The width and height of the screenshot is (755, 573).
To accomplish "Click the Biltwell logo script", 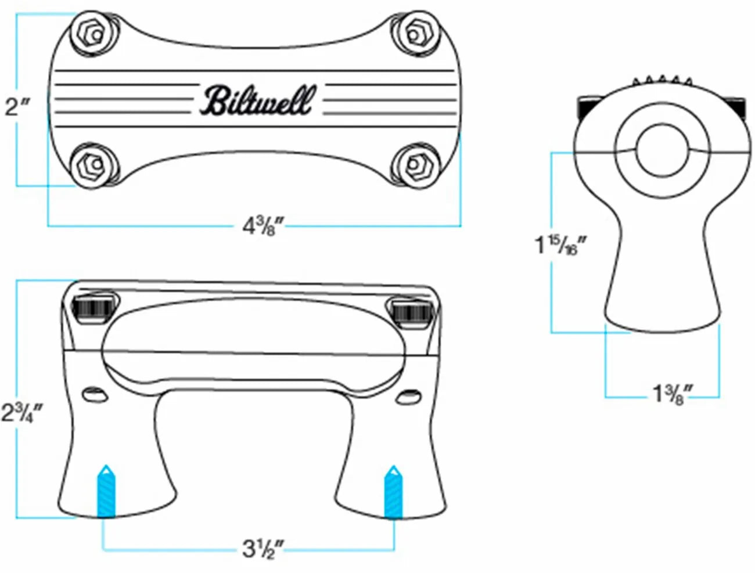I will coord(259,100).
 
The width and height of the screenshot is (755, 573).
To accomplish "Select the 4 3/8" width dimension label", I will coord(262,224).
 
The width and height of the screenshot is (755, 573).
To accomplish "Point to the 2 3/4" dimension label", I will coord(21,412).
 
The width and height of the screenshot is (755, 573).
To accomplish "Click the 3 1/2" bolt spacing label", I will coord(262,547).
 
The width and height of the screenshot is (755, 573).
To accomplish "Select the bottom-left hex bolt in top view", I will coord(94,164).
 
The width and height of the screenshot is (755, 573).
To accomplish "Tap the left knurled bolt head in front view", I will coord(94,308).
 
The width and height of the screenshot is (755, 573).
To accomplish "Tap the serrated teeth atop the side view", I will coord(662,80).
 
